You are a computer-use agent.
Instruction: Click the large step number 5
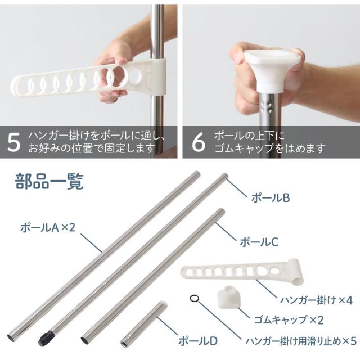coord(13,142)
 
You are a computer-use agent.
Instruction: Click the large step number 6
coord(199,142)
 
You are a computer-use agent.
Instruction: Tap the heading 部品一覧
coord(49,181)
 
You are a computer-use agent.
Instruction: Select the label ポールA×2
coord(48,227)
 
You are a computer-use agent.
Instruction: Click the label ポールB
coord(271,197)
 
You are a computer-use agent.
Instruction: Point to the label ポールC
coord(259,242)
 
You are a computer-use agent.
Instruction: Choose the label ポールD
coord(198,341)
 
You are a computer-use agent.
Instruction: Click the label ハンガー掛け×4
coord(316,300)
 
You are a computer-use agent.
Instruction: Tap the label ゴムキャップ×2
coord(289,320)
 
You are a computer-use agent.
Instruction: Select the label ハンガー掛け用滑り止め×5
coord(301,341)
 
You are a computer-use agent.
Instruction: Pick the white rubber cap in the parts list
coord(229,296)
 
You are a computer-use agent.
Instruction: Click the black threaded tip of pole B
coord(46,337)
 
